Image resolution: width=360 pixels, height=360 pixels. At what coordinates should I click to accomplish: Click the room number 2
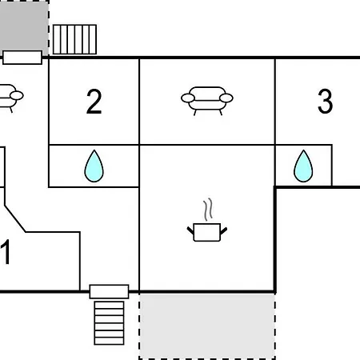[x=94, y=102]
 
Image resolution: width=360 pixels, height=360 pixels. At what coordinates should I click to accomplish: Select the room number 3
[x=326, y=102]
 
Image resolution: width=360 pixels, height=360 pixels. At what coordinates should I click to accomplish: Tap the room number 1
[x=6, y=252]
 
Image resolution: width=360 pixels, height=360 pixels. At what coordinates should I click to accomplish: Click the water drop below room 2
[x=94, y=166]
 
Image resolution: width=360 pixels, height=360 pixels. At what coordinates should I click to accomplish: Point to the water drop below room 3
[x=303, y=166]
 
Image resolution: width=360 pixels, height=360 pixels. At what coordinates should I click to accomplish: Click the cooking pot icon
[x=207, y=232]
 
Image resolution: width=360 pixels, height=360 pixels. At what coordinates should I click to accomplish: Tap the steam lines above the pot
[x=208, y=210]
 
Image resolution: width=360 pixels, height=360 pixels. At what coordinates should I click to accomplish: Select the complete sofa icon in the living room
[x=207, y=101]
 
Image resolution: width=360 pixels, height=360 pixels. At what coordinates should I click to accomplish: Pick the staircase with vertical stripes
[x=74, y=39]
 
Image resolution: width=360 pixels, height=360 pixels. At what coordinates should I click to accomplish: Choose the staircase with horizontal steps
[x=109, y=323]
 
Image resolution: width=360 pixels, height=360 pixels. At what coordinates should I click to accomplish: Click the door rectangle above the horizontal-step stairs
[x=109, y=291]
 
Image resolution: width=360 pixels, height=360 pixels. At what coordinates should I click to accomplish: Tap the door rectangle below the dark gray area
[x=22, y=58]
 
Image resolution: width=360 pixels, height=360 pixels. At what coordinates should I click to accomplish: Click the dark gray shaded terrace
[x=24, y=26]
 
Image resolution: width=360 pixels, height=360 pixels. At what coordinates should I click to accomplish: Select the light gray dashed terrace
[x=207, y=326]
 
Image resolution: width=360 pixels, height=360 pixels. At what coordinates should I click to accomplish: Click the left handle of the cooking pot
[x=191, y=231]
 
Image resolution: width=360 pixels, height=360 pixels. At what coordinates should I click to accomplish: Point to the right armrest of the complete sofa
[x=226, y=98]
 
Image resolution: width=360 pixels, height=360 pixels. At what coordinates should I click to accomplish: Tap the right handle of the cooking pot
[x=223, y=231]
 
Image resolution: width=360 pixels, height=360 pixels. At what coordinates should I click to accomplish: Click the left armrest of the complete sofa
[x=188, y=98]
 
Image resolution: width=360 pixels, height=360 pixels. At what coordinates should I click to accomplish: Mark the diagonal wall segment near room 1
[x=15, y=218]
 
